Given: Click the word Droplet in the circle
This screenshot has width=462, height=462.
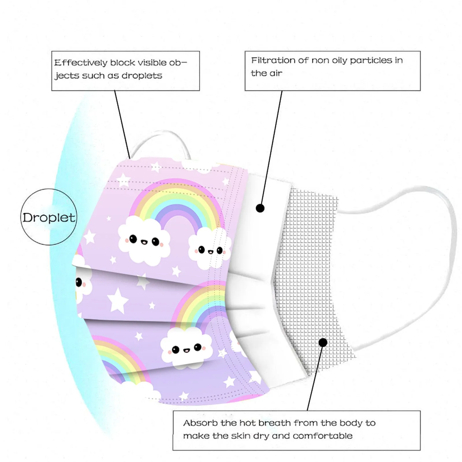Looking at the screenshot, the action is [x=49, y=218].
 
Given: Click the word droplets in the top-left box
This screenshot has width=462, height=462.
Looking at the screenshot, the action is [x=142, y=76].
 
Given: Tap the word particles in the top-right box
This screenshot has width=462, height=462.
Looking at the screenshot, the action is [x=371, y=60].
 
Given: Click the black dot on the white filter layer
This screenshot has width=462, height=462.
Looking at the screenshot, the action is [x=260, y=208].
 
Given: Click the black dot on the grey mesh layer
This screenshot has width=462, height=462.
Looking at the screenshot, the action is [x=323, y=342].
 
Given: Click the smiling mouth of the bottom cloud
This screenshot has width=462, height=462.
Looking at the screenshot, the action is [x=187, y=351].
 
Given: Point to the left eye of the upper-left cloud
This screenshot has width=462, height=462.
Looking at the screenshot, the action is [x=133, y=239].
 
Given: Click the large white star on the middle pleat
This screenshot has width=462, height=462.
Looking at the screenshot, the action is [x=118, y=300].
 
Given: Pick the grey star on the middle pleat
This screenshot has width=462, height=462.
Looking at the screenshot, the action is [x=142, y=282].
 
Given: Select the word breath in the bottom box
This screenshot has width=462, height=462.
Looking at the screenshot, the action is [x=275, y=423].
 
